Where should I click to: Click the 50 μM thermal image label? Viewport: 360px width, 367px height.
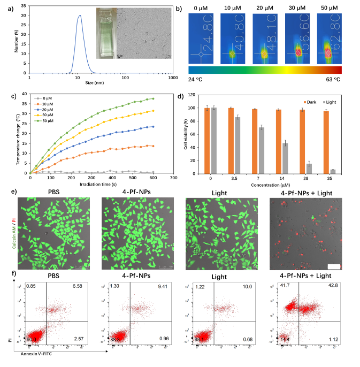327,7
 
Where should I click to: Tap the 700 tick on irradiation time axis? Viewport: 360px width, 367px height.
173,178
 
